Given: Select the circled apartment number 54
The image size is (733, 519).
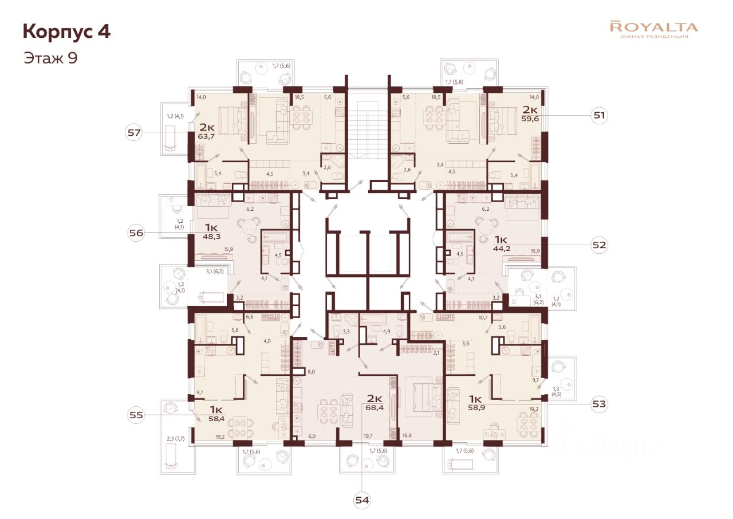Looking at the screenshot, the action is pos(362,500).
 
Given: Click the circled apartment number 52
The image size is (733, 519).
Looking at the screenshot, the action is pos(600,245).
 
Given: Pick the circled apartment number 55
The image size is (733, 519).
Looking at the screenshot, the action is pos(136,414).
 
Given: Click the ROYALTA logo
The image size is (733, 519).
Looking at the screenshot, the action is pos(654,29).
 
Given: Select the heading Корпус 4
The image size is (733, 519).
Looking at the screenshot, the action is pos(66,32).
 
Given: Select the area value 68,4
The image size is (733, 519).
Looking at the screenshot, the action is pos(375,408).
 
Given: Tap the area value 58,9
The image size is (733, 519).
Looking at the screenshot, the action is pos(476,408).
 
